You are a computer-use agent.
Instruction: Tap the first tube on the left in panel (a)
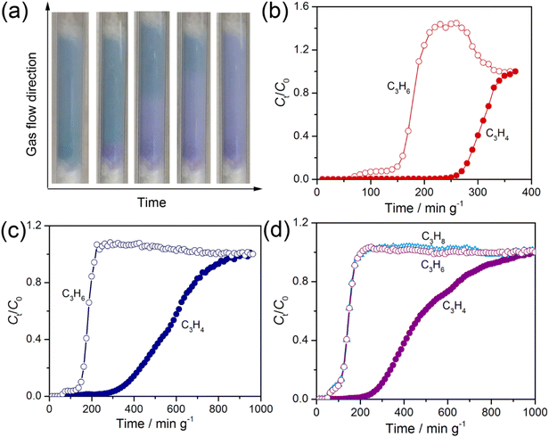coord(70,99)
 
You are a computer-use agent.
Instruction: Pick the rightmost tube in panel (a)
coord(233,99)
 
